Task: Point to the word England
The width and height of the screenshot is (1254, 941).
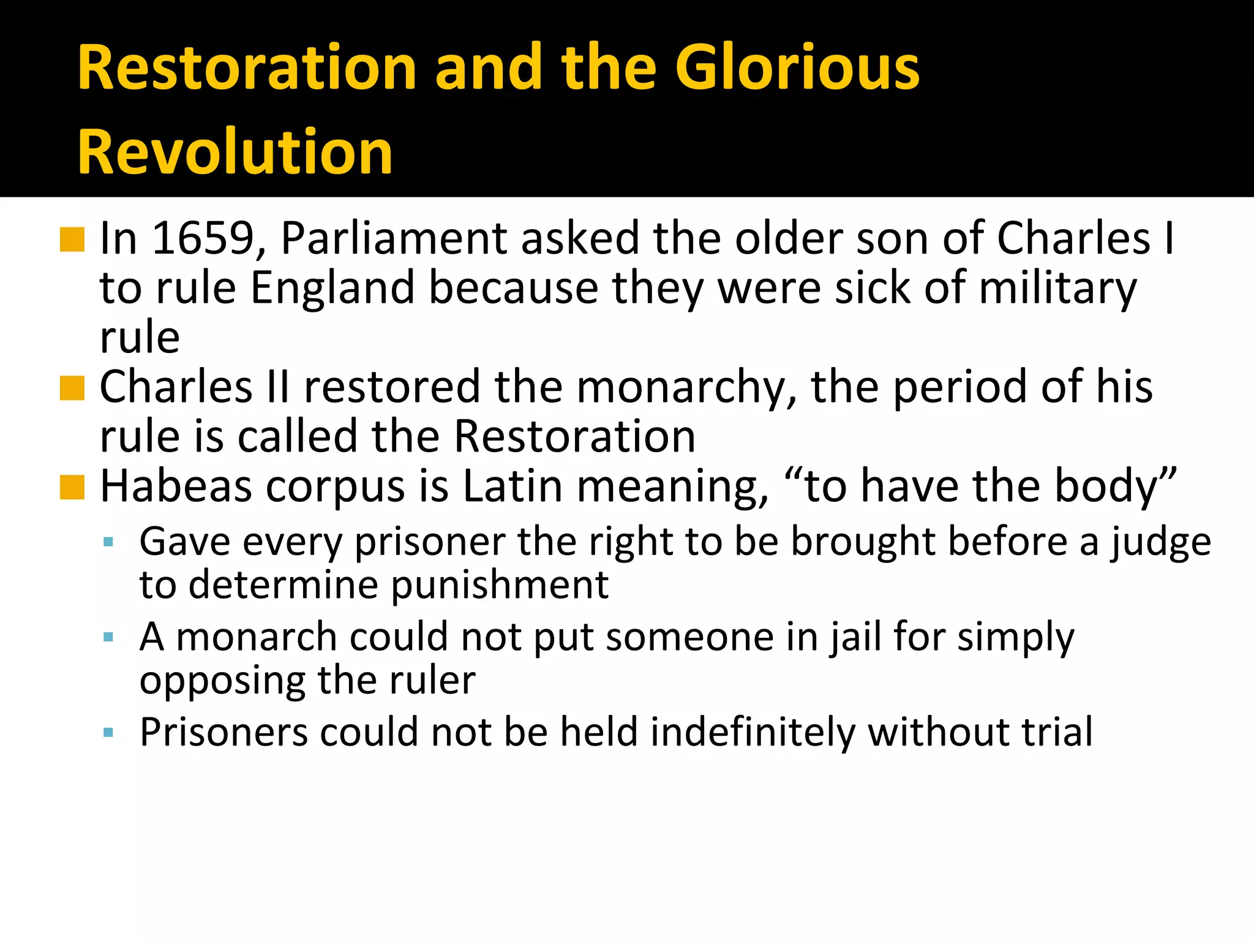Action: click(x=332, y=288)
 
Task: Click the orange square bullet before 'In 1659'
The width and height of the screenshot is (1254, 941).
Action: click(x=72, y=240)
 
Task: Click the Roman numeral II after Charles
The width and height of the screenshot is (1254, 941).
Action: click(x=278, y=387)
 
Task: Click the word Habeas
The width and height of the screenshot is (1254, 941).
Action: click(x=176, y=486)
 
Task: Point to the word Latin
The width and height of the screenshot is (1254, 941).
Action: click(x=512, y=486)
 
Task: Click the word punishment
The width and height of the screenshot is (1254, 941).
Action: click(x=499, y=586)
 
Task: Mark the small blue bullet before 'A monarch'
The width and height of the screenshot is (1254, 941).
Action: click(x=108, y=637)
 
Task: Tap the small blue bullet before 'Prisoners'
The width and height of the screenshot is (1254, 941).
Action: click(x=108, y=732)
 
